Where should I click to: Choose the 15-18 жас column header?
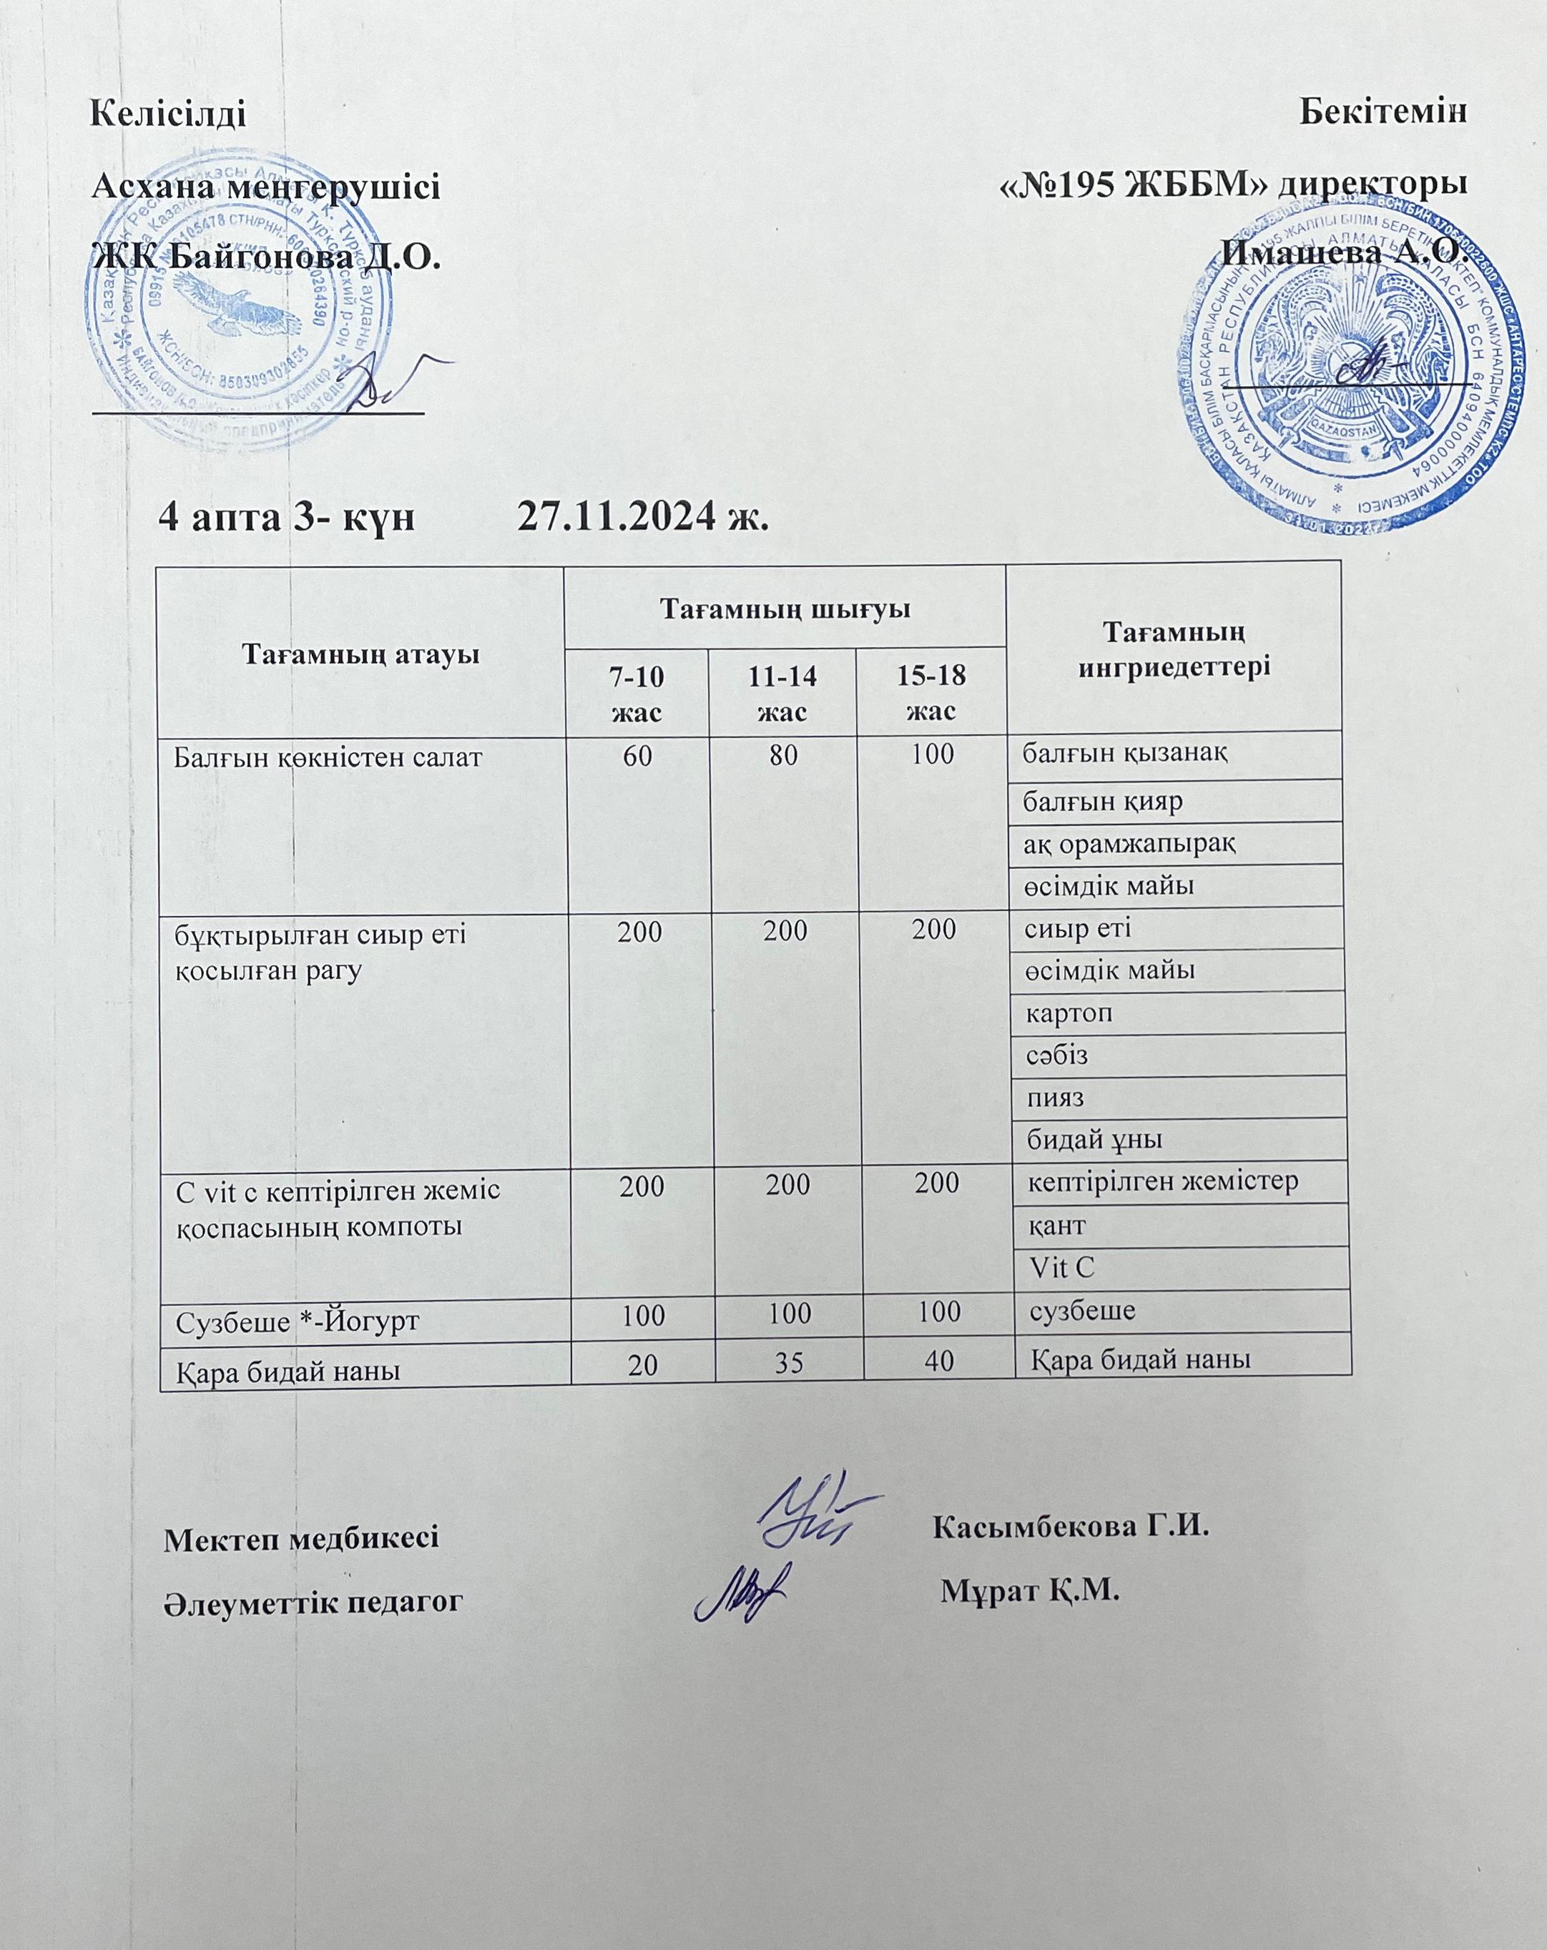[932, 693]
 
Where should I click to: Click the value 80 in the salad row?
[782, 755]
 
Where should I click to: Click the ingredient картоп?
[1069, 1014]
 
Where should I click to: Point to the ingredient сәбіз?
[1056, 1055]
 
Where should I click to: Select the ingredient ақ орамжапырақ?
[1130, 844]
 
